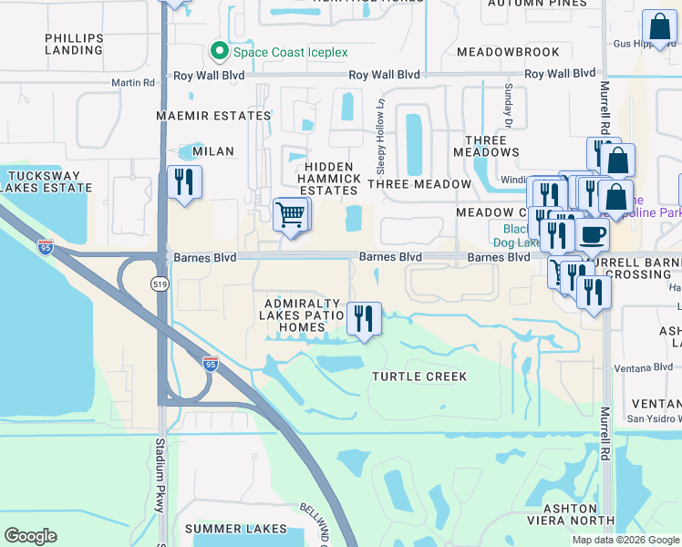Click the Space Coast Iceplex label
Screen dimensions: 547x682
(x=287, y=52)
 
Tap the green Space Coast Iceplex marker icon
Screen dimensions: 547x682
(x=219, y=51)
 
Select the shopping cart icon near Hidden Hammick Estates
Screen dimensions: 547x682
(x=291, y=215)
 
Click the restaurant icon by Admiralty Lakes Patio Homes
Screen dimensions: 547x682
(x=364, y=319)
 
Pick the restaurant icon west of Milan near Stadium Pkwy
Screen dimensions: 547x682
(x=184, y=182)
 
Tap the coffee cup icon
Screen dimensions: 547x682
(x=592, y=234)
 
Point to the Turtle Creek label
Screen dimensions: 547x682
(x=419, y=377)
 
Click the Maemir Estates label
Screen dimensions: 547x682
(x=213, y=117)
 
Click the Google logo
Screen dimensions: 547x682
(x=30, y=536)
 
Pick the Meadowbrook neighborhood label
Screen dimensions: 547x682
(x=501, y=52)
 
